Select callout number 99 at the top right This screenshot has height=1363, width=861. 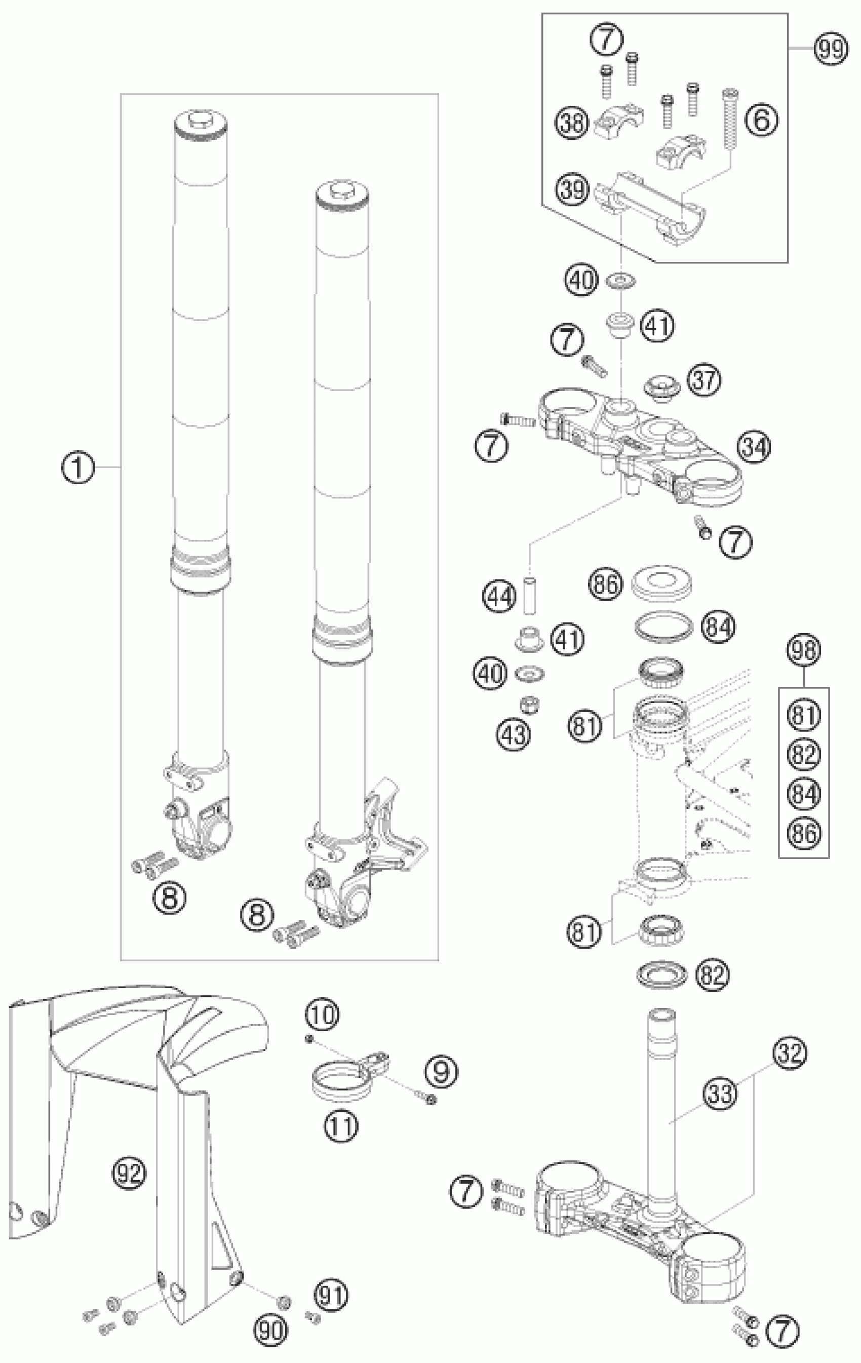[831, 49]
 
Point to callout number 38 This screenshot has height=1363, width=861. [572, 122]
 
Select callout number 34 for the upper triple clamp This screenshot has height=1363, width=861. [754, 447]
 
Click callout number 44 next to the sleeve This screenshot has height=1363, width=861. [500, 597]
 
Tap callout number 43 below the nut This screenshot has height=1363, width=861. [514, 735]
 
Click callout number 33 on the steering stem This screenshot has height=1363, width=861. [720, 1093]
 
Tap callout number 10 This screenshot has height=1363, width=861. [323, 1015]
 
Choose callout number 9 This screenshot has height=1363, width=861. [441, 1071]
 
